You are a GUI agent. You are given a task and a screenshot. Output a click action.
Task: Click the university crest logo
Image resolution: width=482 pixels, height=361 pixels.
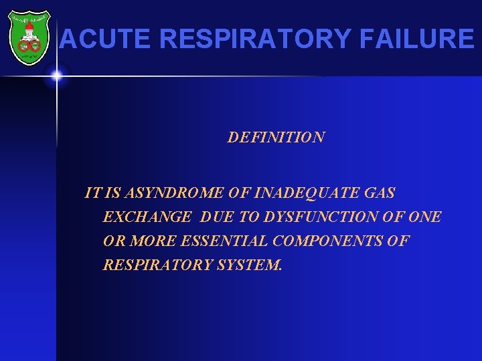[28, 38]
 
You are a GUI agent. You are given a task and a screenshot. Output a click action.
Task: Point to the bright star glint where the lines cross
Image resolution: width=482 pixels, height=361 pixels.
[56, 76]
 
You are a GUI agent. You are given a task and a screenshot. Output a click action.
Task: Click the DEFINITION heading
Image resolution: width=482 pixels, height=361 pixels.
[276, 138]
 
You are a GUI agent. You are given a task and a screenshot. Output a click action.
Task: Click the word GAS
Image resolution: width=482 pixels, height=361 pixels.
[379, 193]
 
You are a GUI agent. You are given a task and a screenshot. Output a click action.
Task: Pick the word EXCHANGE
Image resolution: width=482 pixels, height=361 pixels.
[147, 217]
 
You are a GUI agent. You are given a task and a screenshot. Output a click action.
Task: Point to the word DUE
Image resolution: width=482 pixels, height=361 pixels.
[214, 217]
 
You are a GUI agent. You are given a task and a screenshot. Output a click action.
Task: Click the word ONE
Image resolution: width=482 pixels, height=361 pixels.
[424, 217]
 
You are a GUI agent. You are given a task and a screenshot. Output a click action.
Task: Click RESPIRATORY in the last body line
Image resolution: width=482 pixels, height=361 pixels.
[157, 265]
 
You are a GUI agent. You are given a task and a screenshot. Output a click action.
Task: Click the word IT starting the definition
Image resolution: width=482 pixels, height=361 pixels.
[92, 193]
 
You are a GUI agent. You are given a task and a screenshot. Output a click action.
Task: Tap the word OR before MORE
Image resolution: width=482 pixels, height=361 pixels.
[113, 241]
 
